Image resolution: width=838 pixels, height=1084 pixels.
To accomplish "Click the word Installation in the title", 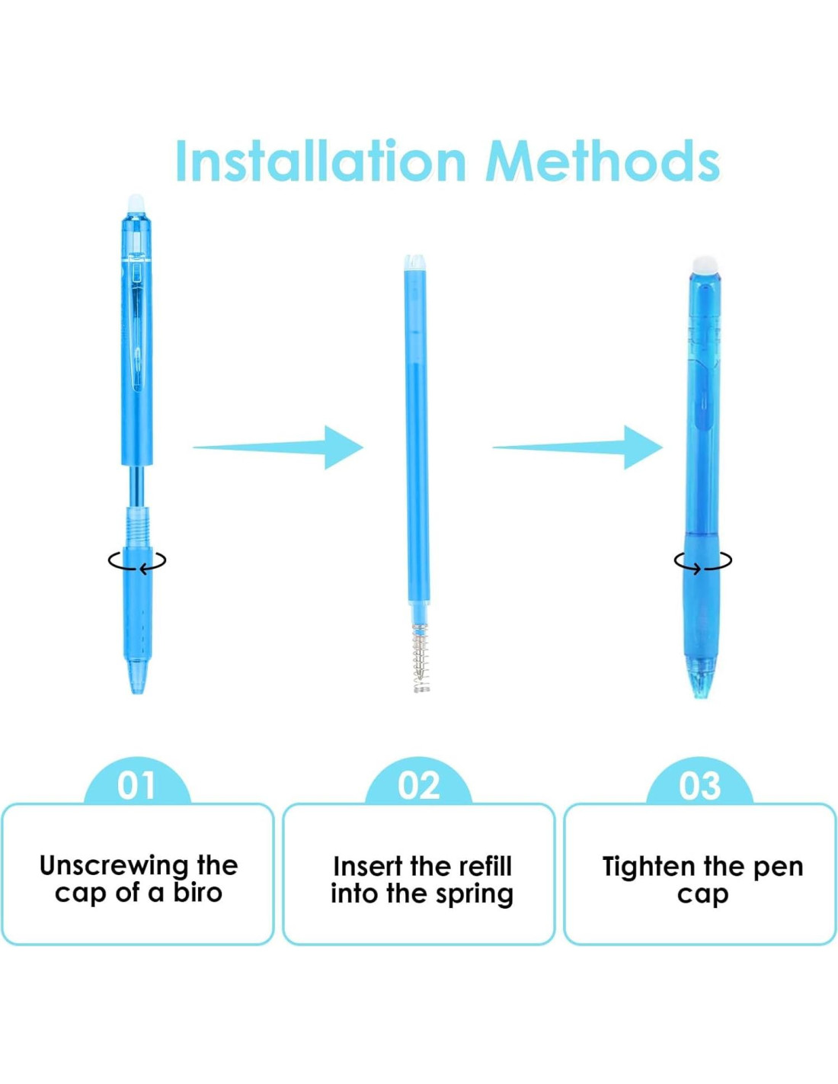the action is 321,161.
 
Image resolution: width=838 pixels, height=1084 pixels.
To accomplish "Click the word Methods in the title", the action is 602,161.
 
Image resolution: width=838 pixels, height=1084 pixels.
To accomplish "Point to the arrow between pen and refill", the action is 278,447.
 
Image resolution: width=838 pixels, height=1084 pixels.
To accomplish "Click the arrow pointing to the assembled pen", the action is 577,447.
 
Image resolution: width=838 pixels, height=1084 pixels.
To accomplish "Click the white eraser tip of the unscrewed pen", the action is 136,204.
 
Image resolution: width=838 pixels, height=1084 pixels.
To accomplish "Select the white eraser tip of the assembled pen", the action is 702,265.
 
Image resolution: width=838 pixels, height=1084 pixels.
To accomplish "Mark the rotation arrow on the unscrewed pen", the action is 137,561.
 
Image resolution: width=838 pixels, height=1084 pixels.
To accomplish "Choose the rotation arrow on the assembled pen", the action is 703,562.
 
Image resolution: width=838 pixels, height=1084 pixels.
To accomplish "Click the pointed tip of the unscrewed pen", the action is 137,693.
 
